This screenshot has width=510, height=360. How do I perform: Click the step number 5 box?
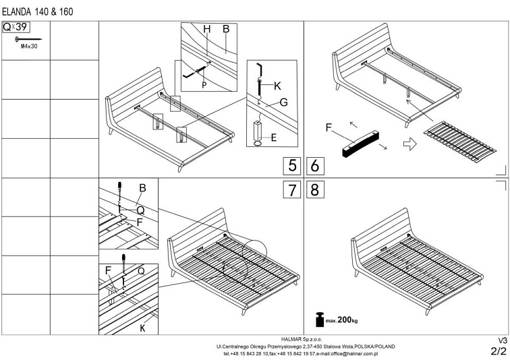[292, 166]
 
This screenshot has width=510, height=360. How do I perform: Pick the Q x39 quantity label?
[17, 28]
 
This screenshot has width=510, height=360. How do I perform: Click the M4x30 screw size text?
[29, 48]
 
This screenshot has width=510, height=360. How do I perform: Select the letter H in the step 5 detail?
[207, 29]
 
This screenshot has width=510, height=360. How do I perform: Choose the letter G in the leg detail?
[284, 103]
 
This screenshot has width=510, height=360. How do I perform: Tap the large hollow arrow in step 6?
[409, 143]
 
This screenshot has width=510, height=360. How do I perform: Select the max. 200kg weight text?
[339, 320]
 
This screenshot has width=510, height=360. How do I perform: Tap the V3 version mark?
[501, 340]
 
